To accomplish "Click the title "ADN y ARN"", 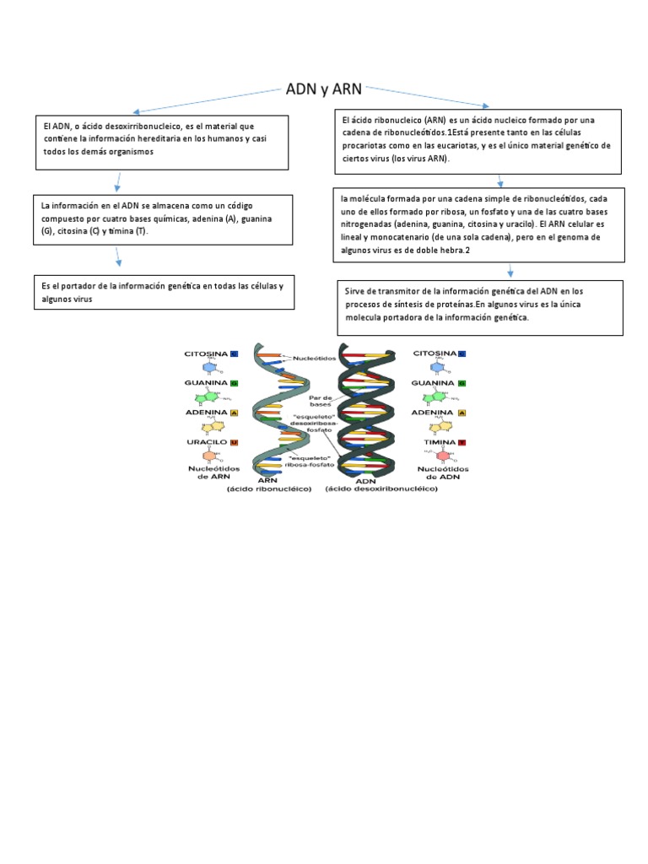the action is (x=325, y=89).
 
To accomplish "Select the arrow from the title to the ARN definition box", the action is (x=427, y=95).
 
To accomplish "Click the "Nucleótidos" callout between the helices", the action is (x=315, y=357).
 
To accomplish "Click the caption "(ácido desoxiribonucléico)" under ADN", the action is (x=381, y=489).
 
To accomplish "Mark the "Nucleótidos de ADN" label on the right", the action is (x=441, y=472).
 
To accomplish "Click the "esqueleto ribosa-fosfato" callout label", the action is (x=310, y=462).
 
